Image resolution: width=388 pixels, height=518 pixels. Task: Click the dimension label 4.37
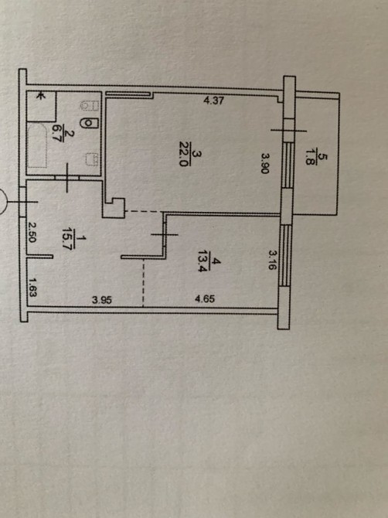coord(214,100)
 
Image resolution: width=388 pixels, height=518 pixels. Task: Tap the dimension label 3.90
coord(265,163)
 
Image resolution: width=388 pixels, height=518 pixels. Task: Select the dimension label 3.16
coord(272,260)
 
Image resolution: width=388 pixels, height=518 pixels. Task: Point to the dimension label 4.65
coord(205,298)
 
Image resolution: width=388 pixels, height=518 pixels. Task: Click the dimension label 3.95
coord(102,300)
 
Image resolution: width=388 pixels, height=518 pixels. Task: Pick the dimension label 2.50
coord(32,232)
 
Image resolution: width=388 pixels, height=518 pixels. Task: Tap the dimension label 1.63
coord(32,287)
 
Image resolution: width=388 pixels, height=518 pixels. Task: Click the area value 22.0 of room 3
coord(184,154)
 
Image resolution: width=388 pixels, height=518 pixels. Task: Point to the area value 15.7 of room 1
coord(66,239)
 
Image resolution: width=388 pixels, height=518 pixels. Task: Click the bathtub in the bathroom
coord(37,145)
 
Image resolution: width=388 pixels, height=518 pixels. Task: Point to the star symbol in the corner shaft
coord(40,96)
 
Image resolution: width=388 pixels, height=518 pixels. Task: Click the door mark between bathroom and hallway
coord(67,178)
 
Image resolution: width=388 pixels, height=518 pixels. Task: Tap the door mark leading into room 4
coord(164,234)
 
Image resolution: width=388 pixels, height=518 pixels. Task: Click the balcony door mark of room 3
coord(288,131)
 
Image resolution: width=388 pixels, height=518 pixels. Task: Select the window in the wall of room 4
coord(285,255)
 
